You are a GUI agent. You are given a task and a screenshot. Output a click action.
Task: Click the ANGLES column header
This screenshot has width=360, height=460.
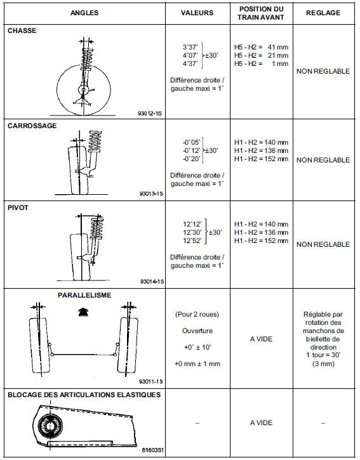click(x=84, y=13)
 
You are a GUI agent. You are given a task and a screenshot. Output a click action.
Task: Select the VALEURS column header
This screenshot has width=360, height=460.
click(x=197, y=13)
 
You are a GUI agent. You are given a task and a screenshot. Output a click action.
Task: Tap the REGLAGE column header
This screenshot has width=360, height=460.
click(x=323, y=13)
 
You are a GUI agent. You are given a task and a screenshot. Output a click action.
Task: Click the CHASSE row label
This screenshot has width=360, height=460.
click(x=22, y=30)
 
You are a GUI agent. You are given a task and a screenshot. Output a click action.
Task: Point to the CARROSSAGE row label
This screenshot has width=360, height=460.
click(x=32, y=126)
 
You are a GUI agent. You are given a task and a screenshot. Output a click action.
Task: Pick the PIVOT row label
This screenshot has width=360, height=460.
click(x=18, y=207)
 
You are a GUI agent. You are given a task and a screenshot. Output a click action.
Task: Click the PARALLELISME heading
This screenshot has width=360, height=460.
click(x=84, y=295)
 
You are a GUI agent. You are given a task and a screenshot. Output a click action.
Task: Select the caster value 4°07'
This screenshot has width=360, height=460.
click(x=190, y=55)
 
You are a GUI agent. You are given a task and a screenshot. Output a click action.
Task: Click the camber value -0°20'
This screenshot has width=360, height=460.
click(x=192, y=159)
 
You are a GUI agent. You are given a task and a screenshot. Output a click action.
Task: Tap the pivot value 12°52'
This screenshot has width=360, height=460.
click(x=192, y=240)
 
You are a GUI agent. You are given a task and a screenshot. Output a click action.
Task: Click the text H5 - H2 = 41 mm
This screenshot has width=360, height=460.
click(x=261, y=47)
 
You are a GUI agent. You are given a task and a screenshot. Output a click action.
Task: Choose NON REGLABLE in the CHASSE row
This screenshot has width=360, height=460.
click(x=323, y=71)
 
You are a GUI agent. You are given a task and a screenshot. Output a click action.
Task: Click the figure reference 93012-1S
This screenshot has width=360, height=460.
click(x=150, y=113)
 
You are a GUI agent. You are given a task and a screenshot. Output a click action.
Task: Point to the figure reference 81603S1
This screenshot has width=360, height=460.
click(x=152, y=450)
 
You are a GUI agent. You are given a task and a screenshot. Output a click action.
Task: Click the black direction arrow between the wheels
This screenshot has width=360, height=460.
click(x=83, y=312)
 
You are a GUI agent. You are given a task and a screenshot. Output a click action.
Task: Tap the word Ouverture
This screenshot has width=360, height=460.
click(x=197, y=331)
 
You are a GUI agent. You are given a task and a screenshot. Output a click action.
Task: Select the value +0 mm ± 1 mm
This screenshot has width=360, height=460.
click(x=197, y=364)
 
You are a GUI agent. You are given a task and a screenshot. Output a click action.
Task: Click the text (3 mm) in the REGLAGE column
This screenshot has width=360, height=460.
click(x=323, y=364)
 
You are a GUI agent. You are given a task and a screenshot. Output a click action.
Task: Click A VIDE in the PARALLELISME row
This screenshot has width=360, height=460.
click(x=261, y=339)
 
